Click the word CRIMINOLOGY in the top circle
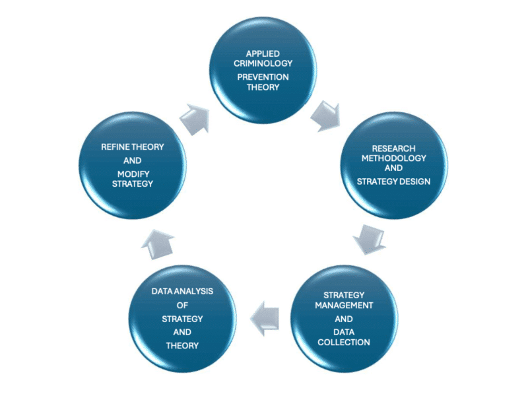coord(264,65)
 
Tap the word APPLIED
coord(264,53)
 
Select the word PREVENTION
coord(264,77)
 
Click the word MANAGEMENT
coord(344,306)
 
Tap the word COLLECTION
coord(344,342)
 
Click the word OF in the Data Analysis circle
coord(181,305)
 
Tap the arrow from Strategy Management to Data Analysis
coord(267,316)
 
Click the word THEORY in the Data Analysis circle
coord(181,345)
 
